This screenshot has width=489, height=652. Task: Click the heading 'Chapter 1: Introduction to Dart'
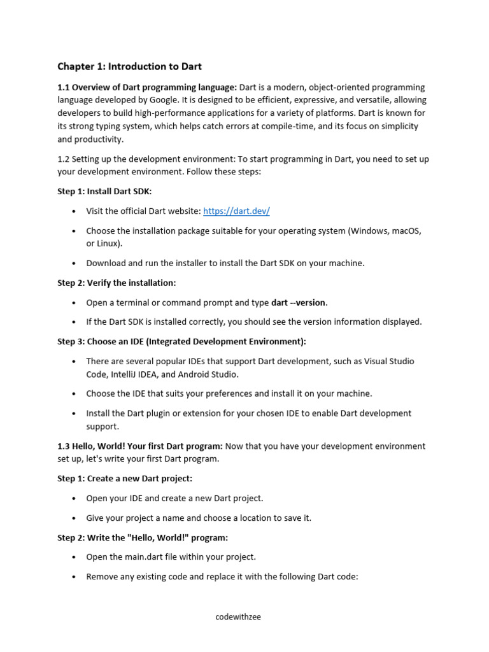(x=129, y=66)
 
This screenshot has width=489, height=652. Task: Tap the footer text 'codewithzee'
(x=238, y=617)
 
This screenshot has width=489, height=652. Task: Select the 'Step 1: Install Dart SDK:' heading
(x=104, y=191)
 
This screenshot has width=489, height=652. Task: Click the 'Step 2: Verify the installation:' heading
(x=117, y=283)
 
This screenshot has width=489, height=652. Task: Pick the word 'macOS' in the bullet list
(x=405, y=230)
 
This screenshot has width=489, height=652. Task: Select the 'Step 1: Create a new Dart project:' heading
(x=125, y=478)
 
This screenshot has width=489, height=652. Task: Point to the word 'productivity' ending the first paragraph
(x=99, y=139)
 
